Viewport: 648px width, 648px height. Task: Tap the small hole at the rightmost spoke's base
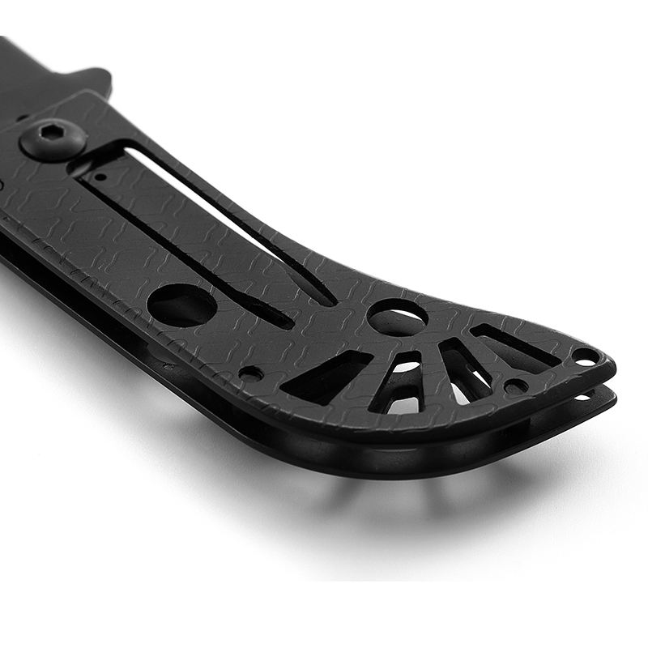click(515, 386)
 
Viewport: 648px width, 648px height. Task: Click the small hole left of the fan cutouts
click(251, 374)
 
